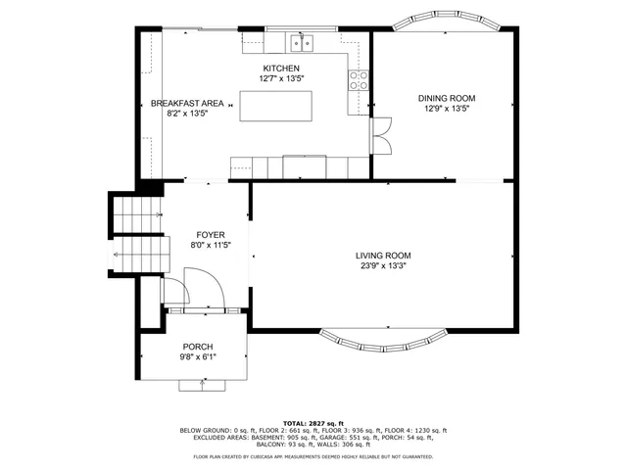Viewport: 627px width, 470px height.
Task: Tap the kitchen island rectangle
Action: pyautogui.click(x=283, y=105)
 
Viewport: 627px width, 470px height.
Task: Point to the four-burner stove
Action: pyautogui.click(x=360, y=81)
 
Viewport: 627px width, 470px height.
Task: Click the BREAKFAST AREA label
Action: pyautogui.click(x=186, y=103)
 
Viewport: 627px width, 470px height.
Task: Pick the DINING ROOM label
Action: pyautogui.click(x=447, y=98)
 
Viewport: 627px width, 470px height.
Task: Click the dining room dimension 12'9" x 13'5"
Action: pyautogui.click(x=447, y=109)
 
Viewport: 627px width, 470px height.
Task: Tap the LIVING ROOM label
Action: pyautogui.click(x=383, y=256)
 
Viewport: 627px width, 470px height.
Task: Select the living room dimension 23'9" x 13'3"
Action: pyautogui.click(x=383, y=266)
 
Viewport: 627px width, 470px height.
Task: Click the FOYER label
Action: pyautogui.click(x=211, y=235)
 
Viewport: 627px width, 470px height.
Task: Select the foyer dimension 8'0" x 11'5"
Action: pyautogui.click(x=211, y=246)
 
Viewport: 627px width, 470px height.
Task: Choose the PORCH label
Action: pyautogui.click(x=198, y=348)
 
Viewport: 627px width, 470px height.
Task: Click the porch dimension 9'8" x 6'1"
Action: pyautogui.click(x=198, y=358)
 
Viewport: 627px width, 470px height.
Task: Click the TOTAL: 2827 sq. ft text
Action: pyautogui.click(x=313, y=423)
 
